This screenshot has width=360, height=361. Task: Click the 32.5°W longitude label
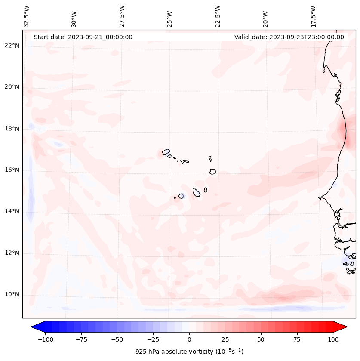(x=27, y=16)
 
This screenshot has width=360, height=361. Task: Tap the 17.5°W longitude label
(x=313, y=16)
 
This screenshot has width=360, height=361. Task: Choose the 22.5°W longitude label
(x=218, y=16)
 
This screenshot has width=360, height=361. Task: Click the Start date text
(x=83, y=37)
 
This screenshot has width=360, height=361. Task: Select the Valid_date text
(x=289, y=37)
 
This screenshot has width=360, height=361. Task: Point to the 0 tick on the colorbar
(x=189, y=339)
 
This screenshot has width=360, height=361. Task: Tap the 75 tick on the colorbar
(x=297, y=339)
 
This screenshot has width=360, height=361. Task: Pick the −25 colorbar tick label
(x=153, y=339)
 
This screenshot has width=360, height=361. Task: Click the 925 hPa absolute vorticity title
(x=189, y=352)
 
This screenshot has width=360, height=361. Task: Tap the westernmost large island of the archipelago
(x=166, y=152)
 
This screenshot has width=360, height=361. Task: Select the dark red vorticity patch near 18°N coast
(x=343, y=128)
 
